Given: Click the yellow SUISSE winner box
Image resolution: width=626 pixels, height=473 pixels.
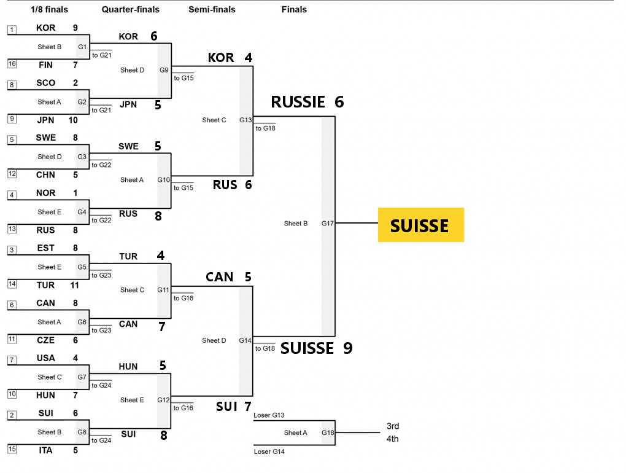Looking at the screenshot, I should pyautogui.click(x=420, y=225).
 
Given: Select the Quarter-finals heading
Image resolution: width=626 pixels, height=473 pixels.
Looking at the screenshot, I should pyautogui.click(x=130, y=9).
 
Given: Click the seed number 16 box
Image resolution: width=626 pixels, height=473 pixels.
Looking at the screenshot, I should pyautogui.click(x=12, y=64).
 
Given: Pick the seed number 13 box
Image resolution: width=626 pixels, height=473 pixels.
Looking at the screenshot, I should pyautogui.click(x=12, y=229).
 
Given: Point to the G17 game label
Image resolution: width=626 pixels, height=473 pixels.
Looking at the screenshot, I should pyautogui.click(x=328, y=224).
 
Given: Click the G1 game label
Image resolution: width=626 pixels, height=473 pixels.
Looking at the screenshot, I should pyautogui.click(x=82, y=47).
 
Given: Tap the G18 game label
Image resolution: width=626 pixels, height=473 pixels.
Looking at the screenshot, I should pyautogui.click(x=328, y=432).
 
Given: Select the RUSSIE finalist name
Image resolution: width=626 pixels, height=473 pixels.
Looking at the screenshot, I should pyautogui.click(x=298, y=102).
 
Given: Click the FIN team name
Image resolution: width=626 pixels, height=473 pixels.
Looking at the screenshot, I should pyautogui.click(x=45, y=64).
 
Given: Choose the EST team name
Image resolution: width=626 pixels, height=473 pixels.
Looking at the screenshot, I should pyautogui.click(x=45, y=248).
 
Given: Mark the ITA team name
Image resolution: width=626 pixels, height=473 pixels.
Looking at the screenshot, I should pyautogui.click(x=45, y=450).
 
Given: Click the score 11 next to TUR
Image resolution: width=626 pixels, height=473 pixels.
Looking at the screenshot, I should pyautogui.click(x=75, y=285).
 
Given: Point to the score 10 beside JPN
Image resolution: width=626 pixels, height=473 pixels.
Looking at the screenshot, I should pyautogui.click(x=72, y=120).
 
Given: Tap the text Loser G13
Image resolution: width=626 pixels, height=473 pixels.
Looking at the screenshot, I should pyautogui.click(x=269, y=415).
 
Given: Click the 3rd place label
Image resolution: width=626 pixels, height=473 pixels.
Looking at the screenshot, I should pyautogui.click(x=393, y=426).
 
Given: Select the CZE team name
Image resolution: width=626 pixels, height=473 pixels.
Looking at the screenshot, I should pyautogui.click(x=45, y=340).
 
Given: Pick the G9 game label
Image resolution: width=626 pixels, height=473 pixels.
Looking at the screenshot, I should pyautogui.click(x=164, y=70).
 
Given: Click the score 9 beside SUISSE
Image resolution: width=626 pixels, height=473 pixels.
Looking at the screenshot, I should pyautogui.click(x=347, y=348).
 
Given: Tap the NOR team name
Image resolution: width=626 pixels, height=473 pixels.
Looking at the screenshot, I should pyautogui.click(x=45, y=193).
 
